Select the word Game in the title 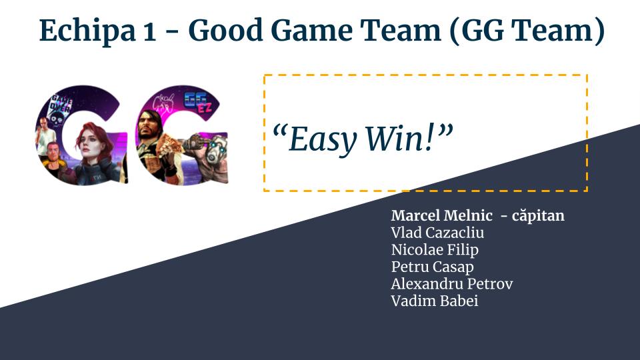[311, 31]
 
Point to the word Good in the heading [226, 31]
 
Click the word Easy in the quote [322, 139]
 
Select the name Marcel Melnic [441, 215]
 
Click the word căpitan [538, 216]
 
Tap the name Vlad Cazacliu [437, 233]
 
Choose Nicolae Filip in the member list [435, 250]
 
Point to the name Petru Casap [432, 267]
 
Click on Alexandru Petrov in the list [452, 284]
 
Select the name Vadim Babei [434, 301]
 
